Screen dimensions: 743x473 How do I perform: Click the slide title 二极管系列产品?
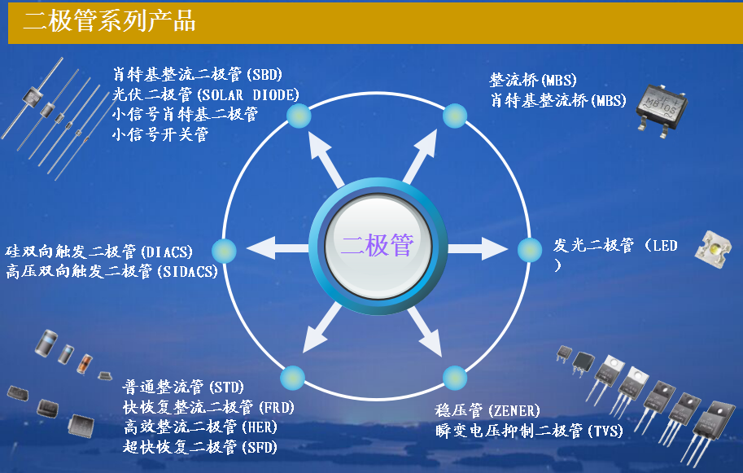click(x=110, y=21)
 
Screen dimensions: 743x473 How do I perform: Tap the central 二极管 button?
click(x=378, y=246)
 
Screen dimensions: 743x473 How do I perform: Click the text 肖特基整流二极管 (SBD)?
click(x=198, y=74)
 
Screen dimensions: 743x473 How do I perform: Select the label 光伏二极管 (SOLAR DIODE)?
click(x=206, y=94)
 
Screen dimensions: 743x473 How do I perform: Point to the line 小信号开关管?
click(x=160, y=134)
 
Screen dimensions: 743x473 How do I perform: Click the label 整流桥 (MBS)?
click(x=533, y=80)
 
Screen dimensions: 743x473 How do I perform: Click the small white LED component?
click(x=713, y=249)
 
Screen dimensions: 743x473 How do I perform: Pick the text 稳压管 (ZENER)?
click(x=487, y=410)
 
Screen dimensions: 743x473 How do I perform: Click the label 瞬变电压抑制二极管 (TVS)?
click(x=529, y=431)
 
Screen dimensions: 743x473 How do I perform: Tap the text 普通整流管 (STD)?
click(x=183, y=387)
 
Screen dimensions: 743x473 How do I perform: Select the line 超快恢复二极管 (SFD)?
click(x=200, y=446)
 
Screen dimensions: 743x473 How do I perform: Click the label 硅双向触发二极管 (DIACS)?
click(x=99, y=252)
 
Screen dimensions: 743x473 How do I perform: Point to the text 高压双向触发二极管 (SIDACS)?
click(x=111, y=271)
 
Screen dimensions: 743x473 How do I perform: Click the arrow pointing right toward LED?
click(x=478, y=248)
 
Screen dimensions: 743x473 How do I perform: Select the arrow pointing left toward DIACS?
click(x=278, y=247)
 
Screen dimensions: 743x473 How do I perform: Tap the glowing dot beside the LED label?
click(x=529, y=250)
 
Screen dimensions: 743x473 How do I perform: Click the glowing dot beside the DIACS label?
click(x=224, y=251)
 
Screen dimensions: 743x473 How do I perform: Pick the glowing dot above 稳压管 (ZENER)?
click(x=455, y=378)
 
